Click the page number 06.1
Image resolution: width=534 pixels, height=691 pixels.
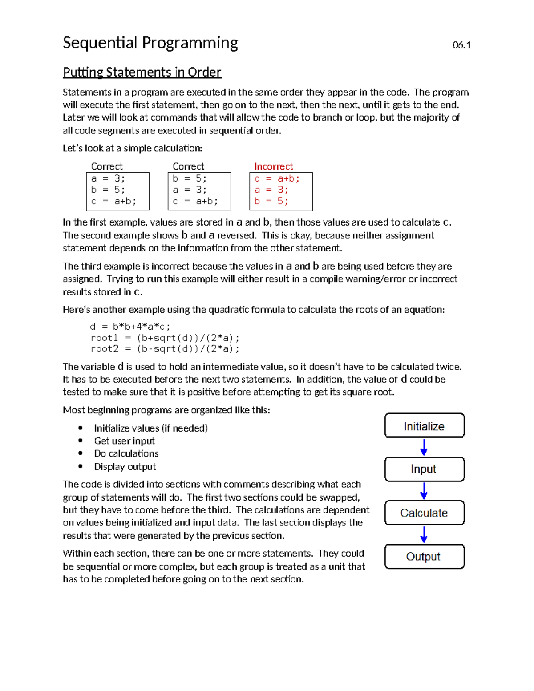461,45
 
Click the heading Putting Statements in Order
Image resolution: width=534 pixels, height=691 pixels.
142,72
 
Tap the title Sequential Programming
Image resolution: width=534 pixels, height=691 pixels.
150,43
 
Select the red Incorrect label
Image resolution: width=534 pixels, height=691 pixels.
273,166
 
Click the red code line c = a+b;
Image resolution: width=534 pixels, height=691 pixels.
277,179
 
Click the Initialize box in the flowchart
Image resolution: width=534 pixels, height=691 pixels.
424,426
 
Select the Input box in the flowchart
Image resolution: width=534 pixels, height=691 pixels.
424,469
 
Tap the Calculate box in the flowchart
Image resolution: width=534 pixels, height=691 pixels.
424,513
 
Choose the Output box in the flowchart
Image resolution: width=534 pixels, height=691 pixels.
424,557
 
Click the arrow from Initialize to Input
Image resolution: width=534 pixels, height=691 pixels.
424,447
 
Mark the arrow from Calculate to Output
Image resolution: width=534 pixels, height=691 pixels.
424,534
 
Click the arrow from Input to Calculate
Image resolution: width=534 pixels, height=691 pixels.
424,491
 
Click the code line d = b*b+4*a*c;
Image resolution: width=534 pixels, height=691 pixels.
130,327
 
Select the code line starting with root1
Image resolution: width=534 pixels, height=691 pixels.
165,338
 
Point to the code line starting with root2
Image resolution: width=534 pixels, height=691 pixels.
165,349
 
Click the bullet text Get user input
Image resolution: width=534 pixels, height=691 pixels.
124,441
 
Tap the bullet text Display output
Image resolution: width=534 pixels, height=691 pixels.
125,467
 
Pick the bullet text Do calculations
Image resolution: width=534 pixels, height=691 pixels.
126,453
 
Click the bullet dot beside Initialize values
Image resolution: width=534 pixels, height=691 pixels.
81,428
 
